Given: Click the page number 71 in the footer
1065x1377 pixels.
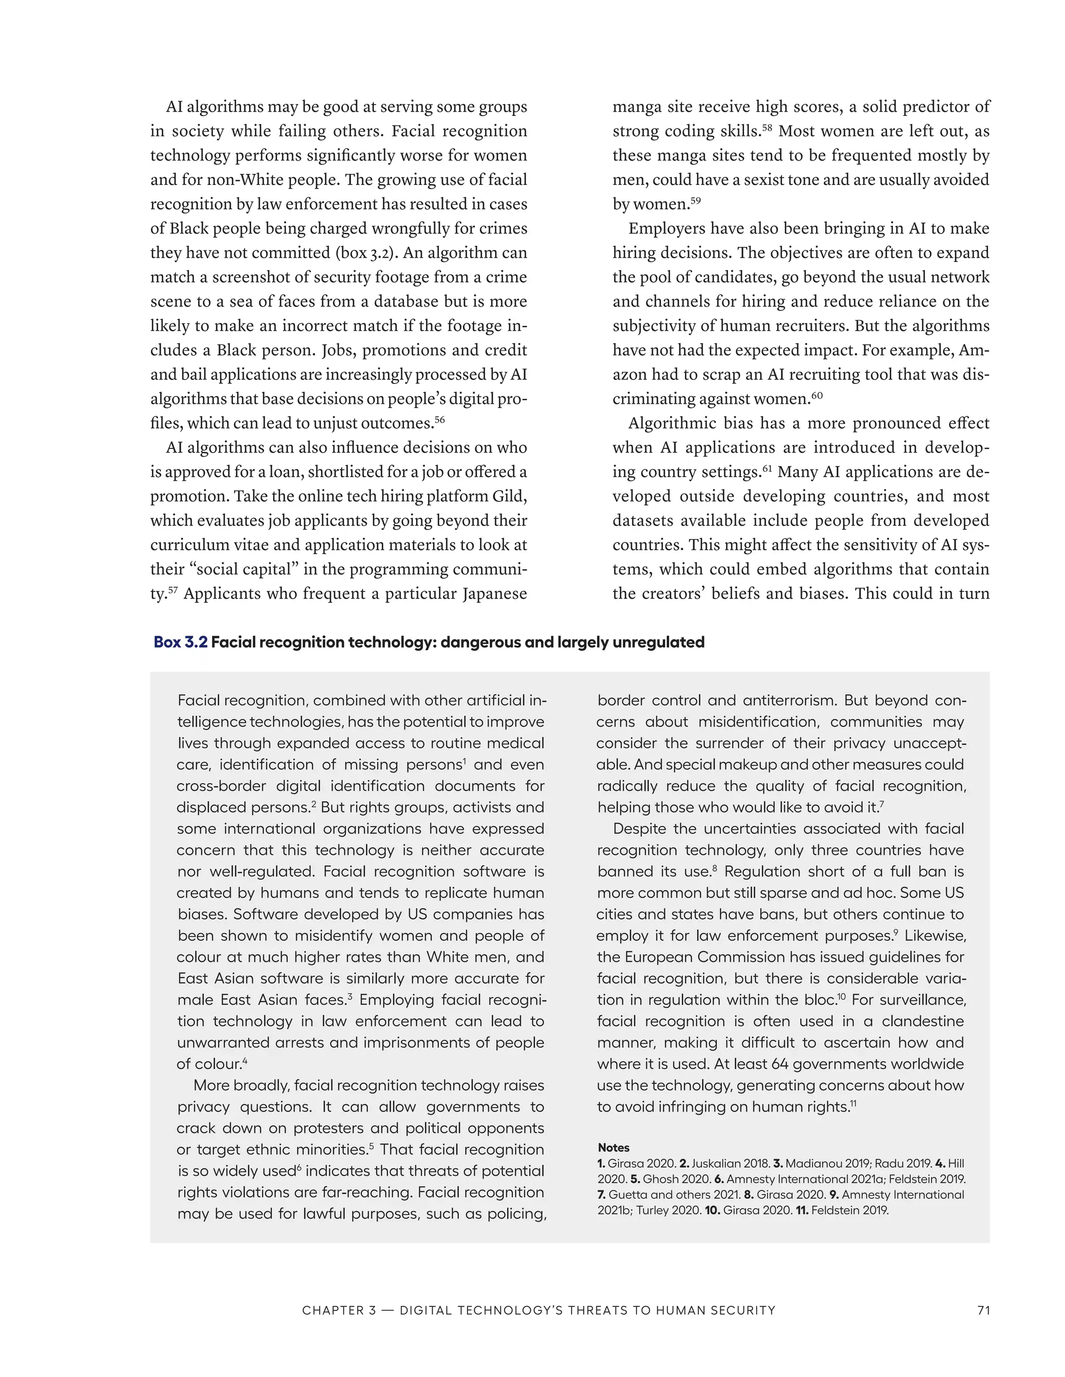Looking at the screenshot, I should click(983, 1310).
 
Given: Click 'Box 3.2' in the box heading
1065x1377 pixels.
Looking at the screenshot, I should click(180, 642).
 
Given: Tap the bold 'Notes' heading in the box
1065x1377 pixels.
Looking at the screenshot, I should click(613, 1147).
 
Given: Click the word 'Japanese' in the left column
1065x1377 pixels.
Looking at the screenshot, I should click(494, 594).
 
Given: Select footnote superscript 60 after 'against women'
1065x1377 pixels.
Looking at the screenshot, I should click(817, 395).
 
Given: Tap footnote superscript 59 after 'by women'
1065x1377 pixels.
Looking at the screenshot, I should click(695, 201).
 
